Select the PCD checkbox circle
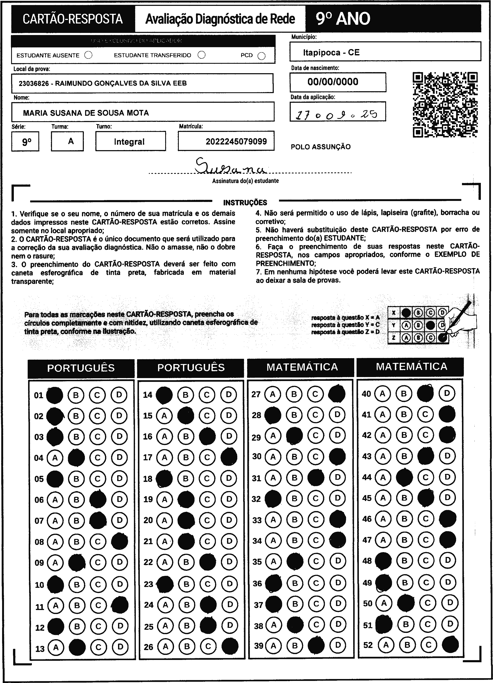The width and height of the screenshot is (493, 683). (262, 56)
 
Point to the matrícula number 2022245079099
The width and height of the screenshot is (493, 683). (236, 142)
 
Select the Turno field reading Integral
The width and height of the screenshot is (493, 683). (129, 142)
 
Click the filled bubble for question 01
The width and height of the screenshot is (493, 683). (55, 395)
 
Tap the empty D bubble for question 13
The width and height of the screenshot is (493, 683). (120, 647)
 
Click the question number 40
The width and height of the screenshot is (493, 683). (366, 394)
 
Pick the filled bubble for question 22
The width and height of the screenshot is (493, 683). (207, 562)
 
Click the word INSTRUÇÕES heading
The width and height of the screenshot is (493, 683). (245, 203)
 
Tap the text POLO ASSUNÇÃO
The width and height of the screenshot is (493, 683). (320, 147)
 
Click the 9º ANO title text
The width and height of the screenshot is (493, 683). (343, 19)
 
